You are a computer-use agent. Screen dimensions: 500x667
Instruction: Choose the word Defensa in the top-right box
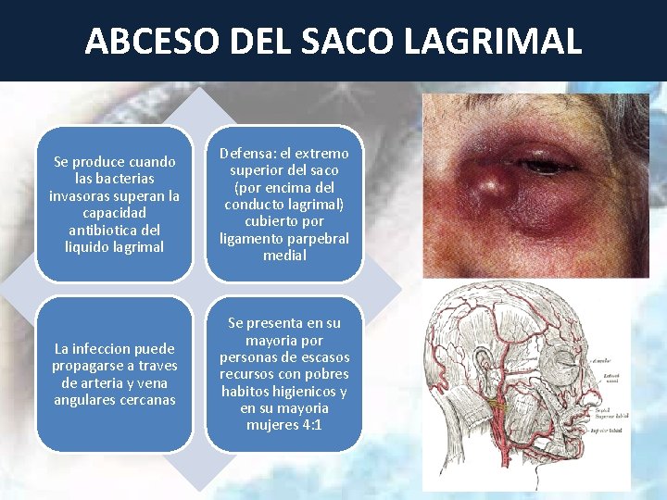pos(245,154)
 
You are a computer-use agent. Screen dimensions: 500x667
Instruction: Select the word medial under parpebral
pos(284,256)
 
